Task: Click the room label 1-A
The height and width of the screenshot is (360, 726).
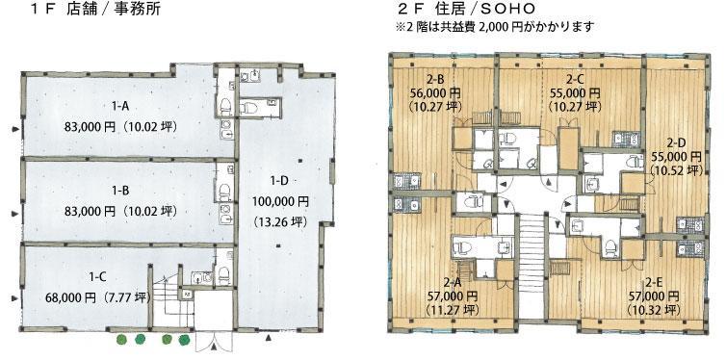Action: tap(120, 107)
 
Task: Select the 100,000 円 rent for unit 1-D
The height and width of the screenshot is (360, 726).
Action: tap(280, 202)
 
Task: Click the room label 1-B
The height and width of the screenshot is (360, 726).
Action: tap(120, 191)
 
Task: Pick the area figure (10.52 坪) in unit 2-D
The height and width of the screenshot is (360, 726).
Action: tap(677, 169)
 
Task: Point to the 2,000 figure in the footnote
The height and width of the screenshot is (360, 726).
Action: tap(493, 27)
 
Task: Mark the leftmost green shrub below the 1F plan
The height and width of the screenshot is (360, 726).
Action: tap(121, 340)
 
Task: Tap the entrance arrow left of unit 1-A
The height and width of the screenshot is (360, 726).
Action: tap(16, 129)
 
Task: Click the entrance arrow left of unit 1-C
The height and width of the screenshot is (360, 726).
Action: tap(16, 298)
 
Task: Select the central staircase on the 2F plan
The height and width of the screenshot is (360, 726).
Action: tap(532, 266)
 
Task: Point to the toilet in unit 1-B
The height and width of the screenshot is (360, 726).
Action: tap(224, 191)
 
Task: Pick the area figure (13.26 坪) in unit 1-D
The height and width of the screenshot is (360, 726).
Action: tap(280, 222)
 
